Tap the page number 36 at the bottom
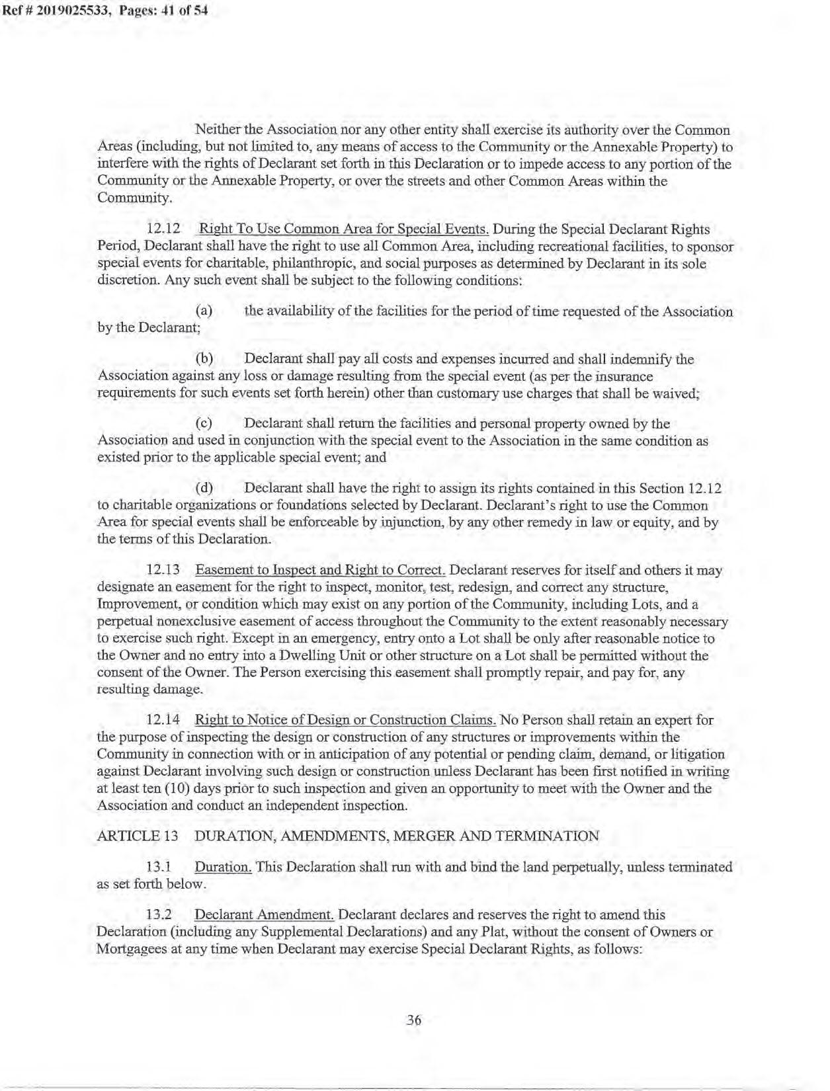(413, 1020)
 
